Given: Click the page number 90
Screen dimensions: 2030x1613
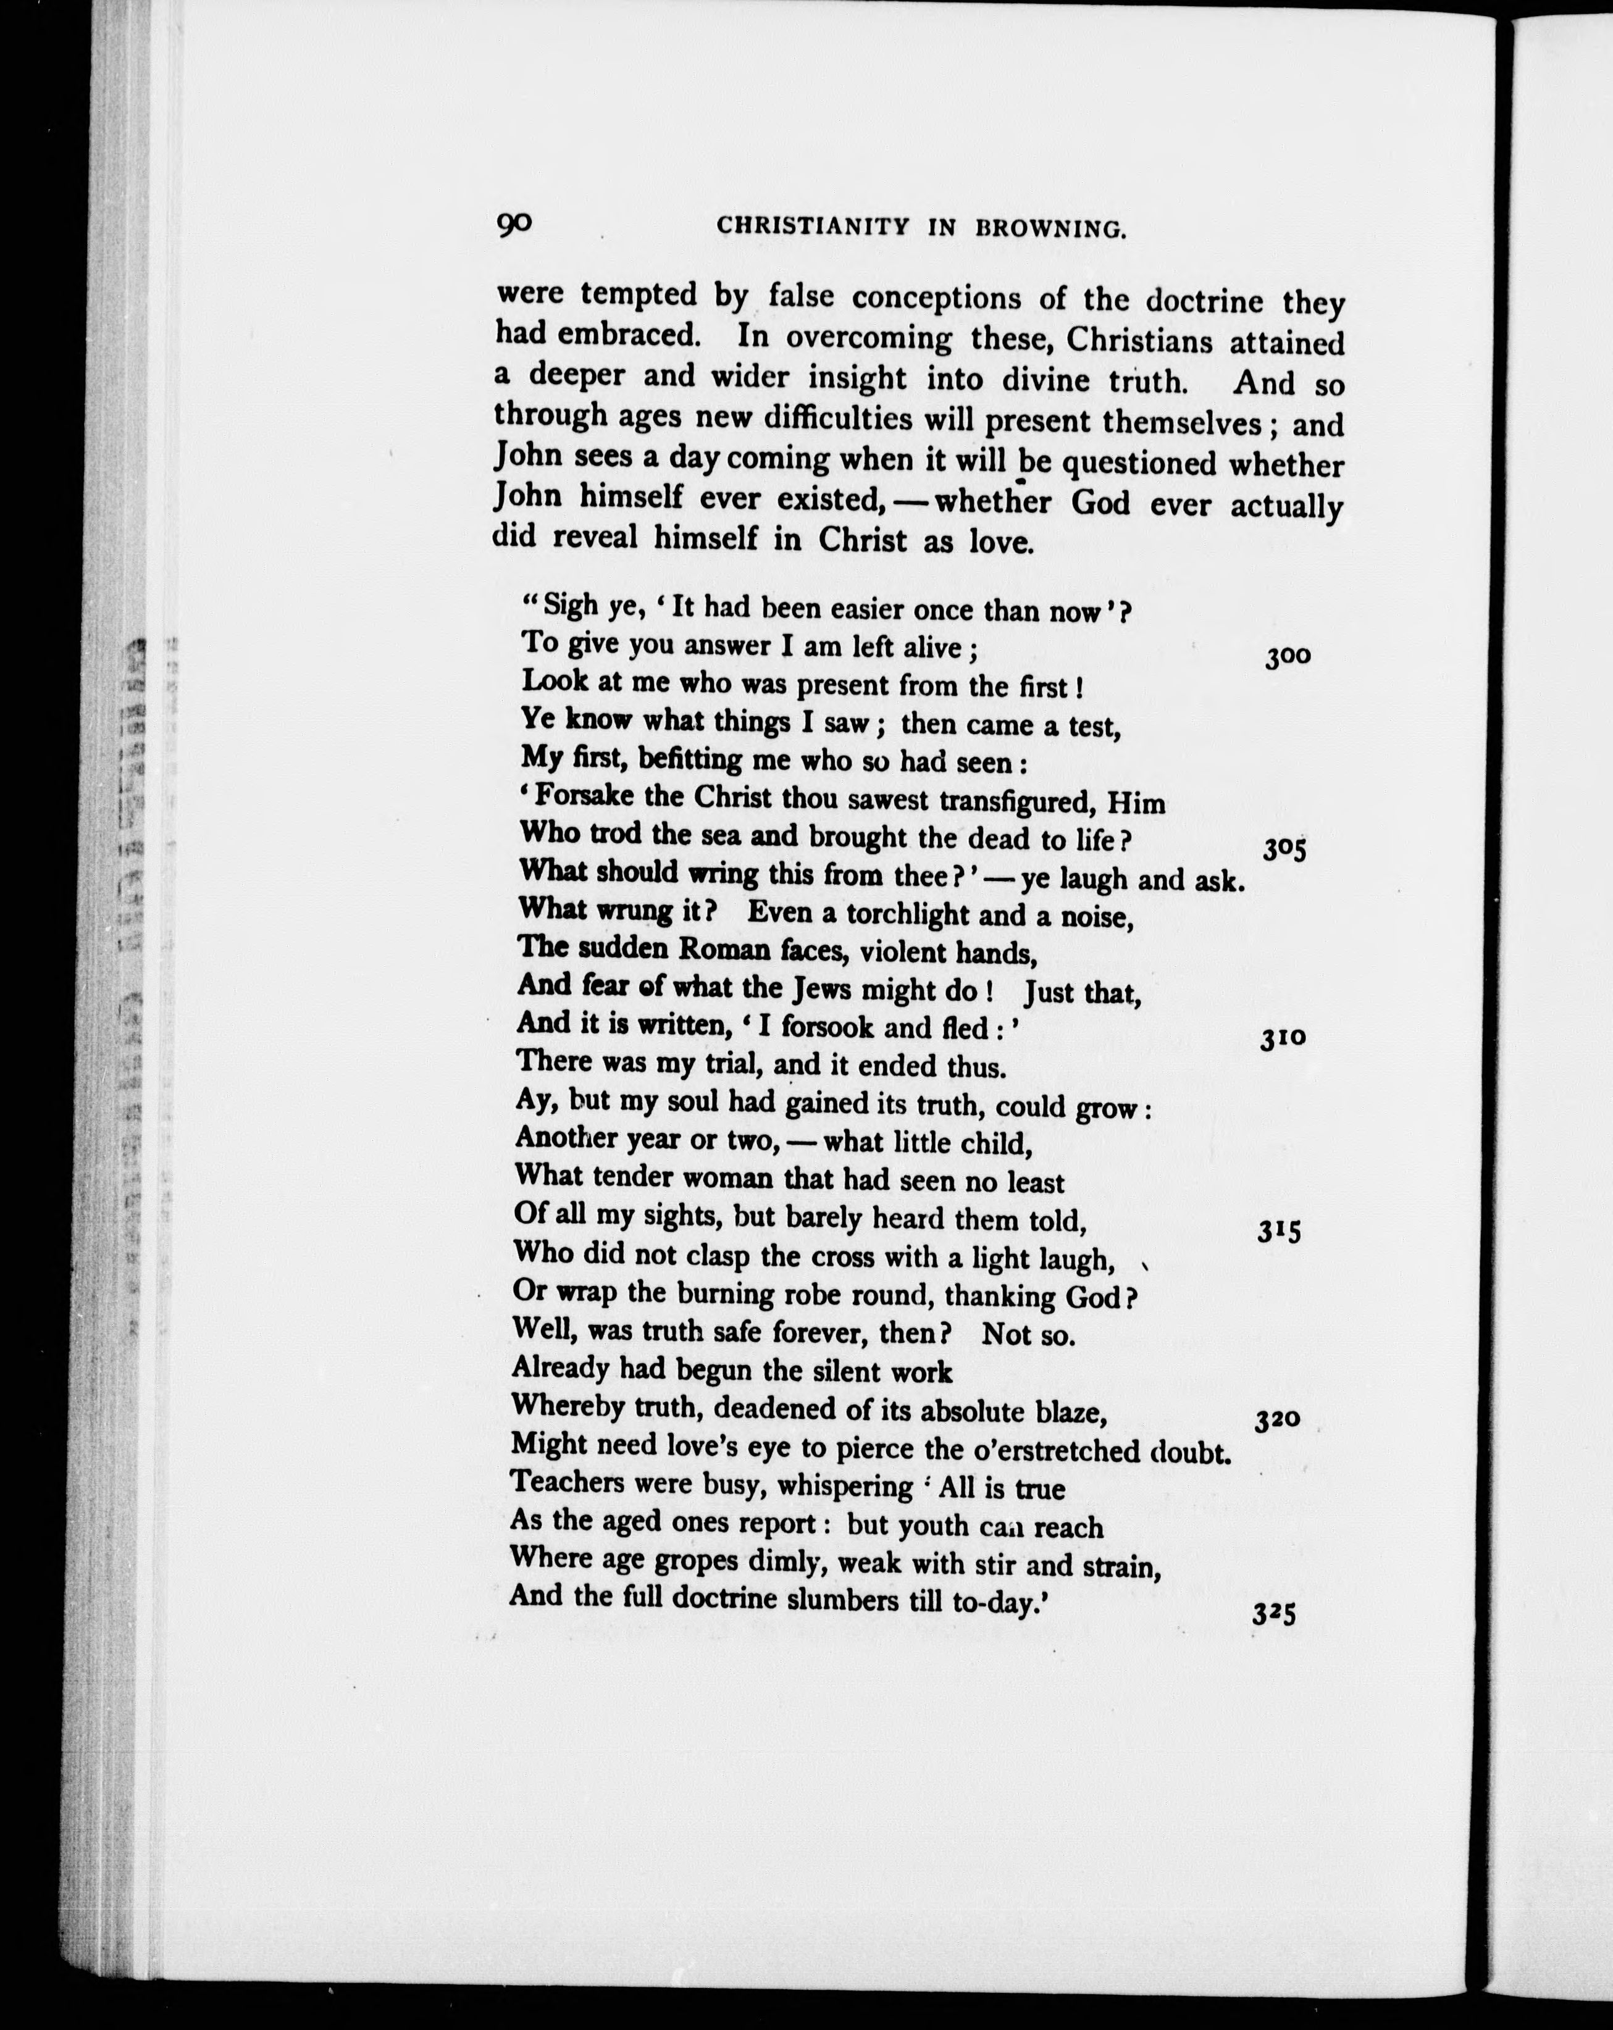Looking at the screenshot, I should (x=514, y=224).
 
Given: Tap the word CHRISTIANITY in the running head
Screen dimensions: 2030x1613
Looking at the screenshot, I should (x=813, y=227).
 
